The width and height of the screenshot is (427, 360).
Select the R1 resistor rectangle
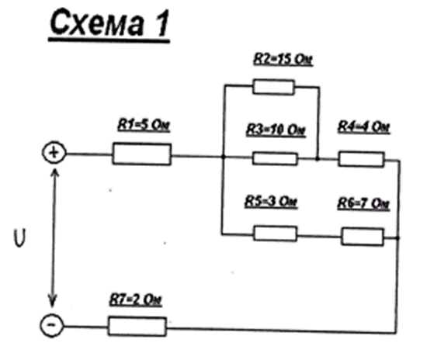(x=142, y=154)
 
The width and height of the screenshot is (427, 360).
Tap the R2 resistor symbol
(x=274, y=87)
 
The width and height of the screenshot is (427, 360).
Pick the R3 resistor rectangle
(x=275, y=158)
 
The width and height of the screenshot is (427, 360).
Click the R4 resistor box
(x=361, y=159)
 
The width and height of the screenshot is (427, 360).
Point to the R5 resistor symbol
(x=276, y=234)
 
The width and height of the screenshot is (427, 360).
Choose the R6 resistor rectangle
(x=363, y=237)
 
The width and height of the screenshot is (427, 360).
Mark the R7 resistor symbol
(x=137, y=326)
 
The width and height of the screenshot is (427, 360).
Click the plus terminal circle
(x=54, y=153)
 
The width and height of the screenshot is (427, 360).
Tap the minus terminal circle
(x=52, y=325)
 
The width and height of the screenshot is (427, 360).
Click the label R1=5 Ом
(x=144, y=126)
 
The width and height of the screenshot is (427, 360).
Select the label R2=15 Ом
(x=283, y=59)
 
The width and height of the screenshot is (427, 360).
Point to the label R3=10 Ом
(x=276, y=130)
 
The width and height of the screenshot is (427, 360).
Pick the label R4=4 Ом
(x=364, y=127)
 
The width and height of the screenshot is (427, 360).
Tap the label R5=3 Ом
(x=271, y=202)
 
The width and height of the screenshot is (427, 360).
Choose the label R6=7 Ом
(x=363, y=203)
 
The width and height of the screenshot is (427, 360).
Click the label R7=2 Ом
(x=136, y=300)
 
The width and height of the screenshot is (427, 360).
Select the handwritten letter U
(x=19, y=238)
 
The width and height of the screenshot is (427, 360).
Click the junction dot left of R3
(x=223, y=157)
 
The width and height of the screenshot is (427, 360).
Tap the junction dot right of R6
(x=397, y=238)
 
